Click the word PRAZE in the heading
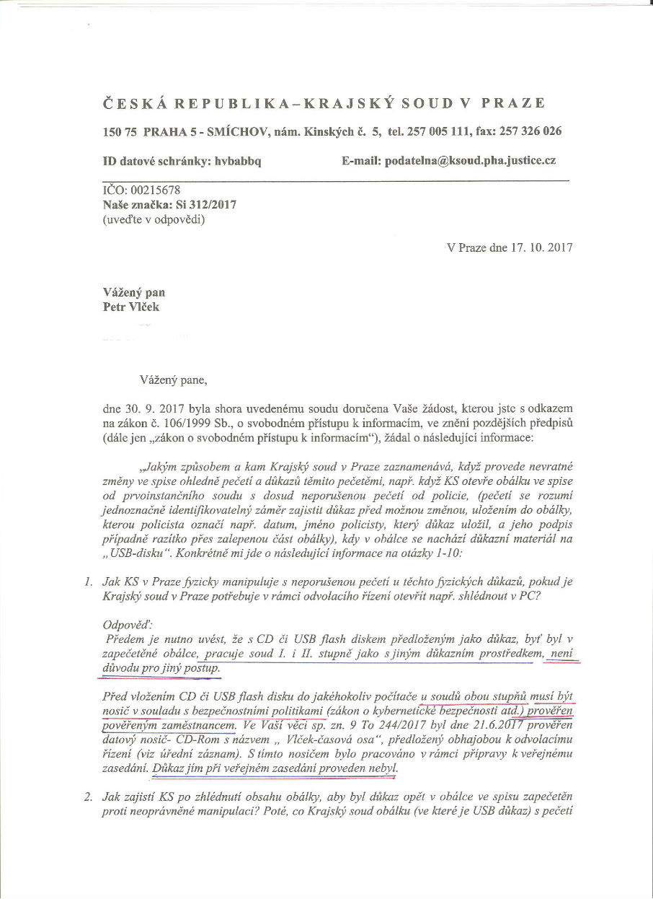pos(517,102)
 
